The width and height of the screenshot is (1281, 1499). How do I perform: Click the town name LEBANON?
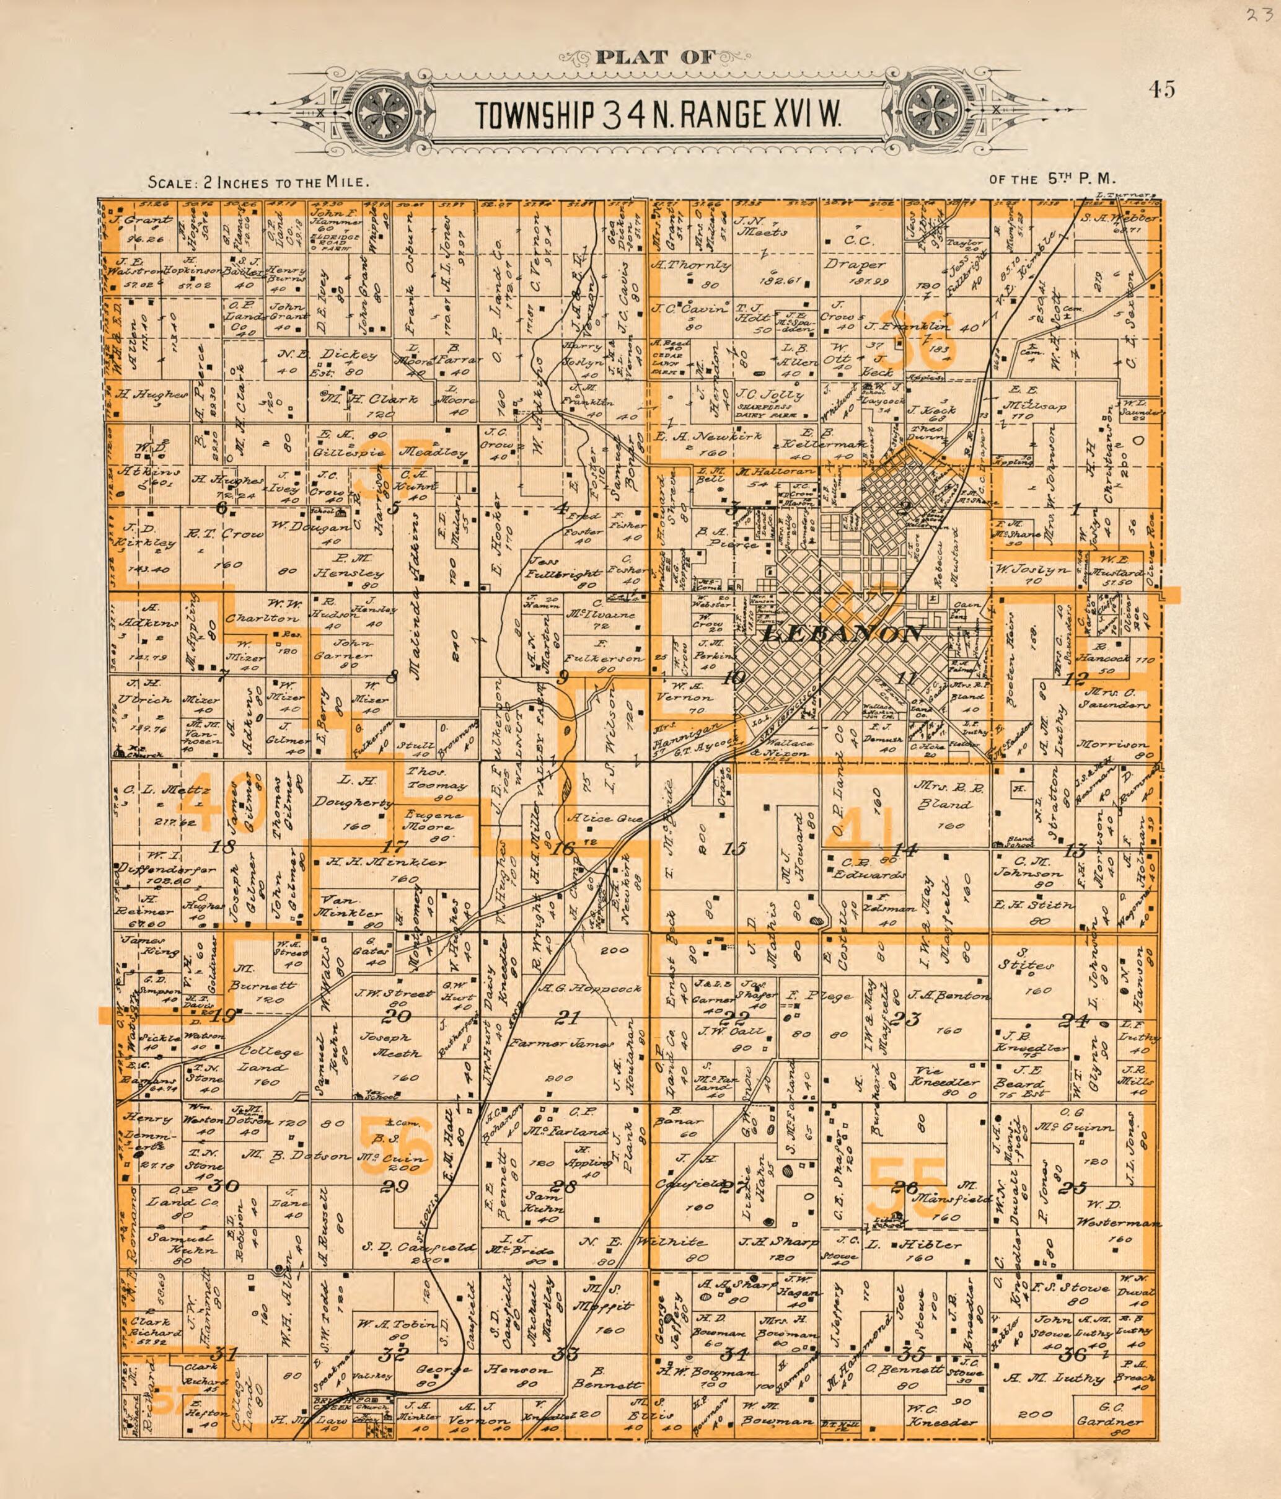click(x=843, y=634)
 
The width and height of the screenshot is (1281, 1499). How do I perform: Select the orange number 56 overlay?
click(x=395, y=1145)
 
